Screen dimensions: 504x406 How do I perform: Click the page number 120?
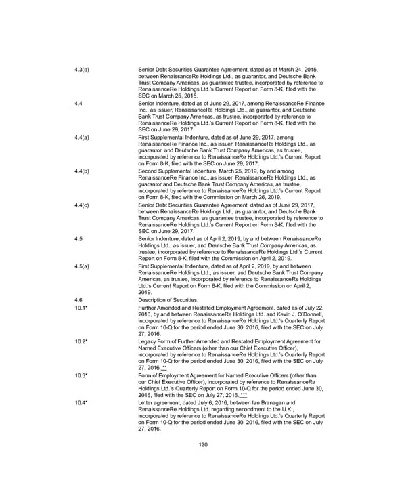202,445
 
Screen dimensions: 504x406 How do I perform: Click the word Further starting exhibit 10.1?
148,307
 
